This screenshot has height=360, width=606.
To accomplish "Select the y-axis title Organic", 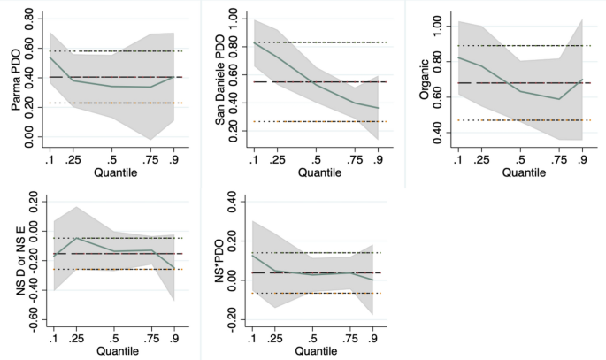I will (x=423, y=80).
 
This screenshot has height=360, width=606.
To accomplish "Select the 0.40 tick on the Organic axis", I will (x=439, y=134).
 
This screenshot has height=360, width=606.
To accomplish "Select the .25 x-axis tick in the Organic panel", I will (x=482, y=160).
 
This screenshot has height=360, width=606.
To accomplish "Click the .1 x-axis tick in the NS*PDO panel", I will (x=253, y=337).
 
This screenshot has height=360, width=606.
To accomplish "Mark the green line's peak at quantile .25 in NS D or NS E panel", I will (x=76, y=239).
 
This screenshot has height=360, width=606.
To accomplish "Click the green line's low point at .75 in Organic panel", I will (x=559, y=99).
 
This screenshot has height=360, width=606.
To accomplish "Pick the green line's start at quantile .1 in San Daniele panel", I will (x=253, y=42).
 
